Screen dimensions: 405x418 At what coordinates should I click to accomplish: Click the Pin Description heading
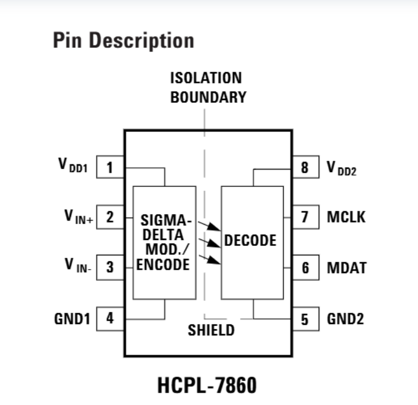pyautogui.click(x=124, y=41)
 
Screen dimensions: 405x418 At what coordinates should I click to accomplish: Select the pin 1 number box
pyautogui.click(x=109, y=167)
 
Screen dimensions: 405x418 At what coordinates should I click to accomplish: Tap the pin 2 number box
pyautogui.click(x=109, y=217)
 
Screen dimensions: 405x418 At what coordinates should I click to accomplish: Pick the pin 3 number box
pyautogui.click(x=109, y=267)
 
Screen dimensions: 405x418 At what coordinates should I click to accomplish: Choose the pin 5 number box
pyautogui.click(x=305, y=319)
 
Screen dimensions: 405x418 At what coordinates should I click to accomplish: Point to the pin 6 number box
pyautogui.click(x=305, y=267)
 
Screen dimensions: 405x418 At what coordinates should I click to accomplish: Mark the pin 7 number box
pyautogui.click(x=305, y=217)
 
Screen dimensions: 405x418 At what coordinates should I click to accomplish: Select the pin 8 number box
pyautogui.click(x=305, y=168)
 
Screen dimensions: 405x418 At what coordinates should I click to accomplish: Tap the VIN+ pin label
pyautogui.click(x=77, y=216)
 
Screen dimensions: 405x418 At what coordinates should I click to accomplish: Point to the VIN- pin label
pyautogui.click(x=78, y=266)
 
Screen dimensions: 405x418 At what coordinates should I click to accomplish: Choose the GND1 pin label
pyautogui.click(x=72, y=319)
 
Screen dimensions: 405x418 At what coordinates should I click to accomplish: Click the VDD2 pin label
pyautogui.click(x=342, y=169)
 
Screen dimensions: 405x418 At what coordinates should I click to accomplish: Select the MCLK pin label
pyautogui.click(x=346, y=217)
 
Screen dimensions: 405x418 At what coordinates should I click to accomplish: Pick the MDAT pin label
pyautogui.click(x=346, y=267)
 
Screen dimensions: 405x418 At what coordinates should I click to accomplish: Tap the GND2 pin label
pyautogui.click(x=346, y=319)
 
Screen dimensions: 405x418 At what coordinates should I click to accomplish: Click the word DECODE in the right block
pyautogui.click(x=250, y=241)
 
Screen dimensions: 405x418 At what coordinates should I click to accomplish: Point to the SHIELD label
pyautogui.click(x=211, y=330)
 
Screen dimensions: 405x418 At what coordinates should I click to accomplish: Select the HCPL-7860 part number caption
pyautogui.click(x=207, y=385)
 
